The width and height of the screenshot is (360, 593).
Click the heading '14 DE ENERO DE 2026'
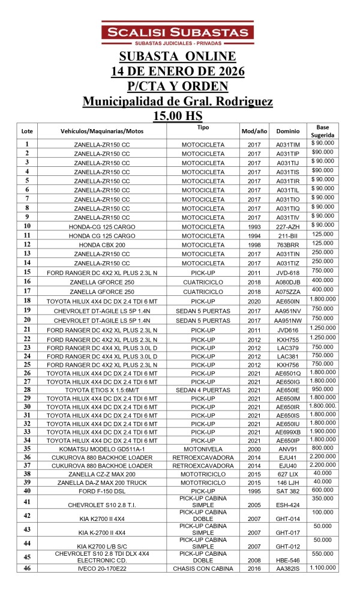point(178,71)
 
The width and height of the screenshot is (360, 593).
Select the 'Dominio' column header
point(287,131)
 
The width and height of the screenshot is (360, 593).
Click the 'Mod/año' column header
point(254,131)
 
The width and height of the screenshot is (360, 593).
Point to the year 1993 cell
point(254,226)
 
